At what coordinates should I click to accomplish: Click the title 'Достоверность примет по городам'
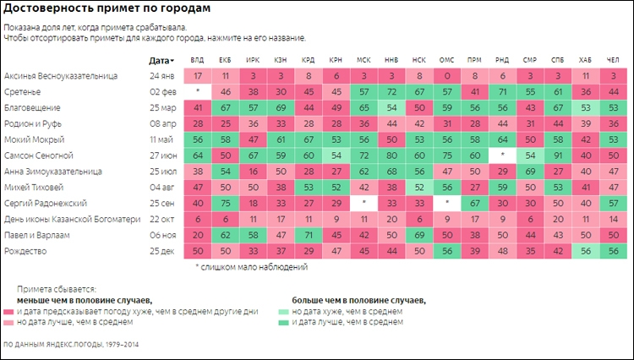pos(107,9)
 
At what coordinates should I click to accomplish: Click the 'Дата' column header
pos(159,60)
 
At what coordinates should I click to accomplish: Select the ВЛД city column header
pos(197,60)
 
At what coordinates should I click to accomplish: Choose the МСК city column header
pos(363,60)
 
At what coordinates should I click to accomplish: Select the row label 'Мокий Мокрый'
pos(31,139)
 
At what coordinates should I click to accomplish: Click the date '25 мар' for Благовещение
pos(161,108)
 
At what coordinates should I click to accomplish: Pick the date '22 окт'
pos(161,219)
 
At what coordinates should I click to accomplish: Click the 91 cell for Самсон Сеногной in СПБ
pos(556,155)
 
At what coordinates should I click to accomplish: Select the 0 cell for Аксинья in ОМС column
pos(445,76)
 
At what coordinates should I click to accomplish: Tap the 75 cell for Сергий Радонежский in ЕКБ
pos(225,203)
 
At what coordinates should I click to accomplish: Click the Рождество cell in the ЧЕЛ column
pos(611,251)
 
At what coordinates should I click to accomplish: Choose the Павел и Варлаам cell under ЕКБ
pos(225,235)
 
